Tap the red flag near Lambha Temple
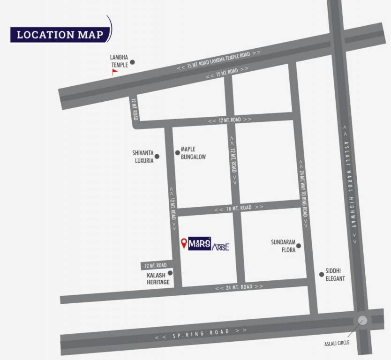(114, 72)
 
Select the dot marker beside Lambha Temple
(132, 61)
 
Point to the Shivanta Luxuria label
(143, 156)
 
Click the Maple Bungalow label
(193, 153)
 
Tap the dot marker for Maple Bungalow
(177, 152)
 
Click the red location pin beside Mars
(184, 243)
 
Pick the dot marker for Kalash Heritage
(170, 273)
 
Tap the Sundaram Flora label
(283, 246)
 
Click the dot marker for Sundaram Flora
(298, 246)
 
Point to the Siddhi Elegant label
(335, 275)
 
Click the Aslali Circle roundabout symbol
(362, 321)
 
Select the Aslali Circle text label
(337, 343)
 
